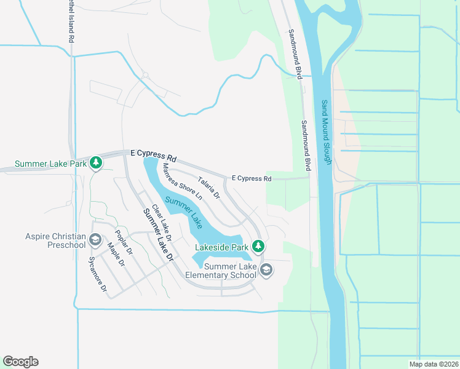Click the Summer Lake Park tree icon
(x=95, y=163)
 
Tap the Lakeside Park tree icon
(x=259, y=247)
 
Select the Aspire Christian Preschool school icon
(x=95, y=239)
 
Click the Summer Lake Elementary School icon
(x=266, y=270)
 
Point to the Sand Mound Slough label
(x=327, y=132)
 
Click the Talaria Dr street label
(x=208, y=188)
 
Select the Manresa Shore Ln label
(x=182, y=182)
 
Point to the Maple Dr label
(x=116, y=254)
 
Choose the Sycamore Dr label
(x=98, y=274)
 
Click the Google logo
(x=20, y=362)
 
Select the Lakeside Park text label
(x=222, y=247)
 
